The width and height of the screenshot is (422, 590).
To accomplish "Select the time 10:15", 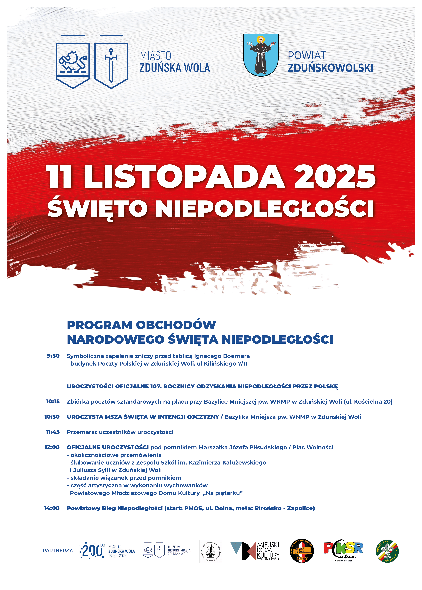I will (53, 401).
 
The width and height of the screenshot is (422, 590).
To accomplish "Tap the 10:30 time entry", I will (52, 417).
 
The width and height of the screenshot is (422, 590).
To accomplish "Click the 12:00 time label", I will (52, 447).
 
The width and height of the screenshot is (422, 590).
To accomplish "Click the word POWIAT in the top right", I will (307, 56).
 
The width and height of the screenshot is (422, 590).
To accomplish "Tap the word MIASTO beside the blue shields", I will (155, 56).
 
